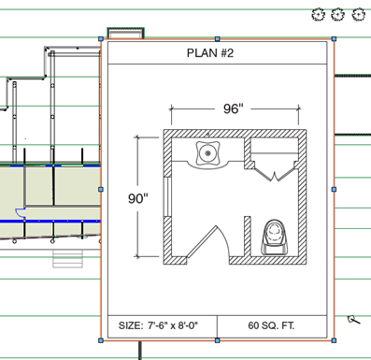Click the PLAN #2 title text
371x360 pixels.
pyautogui.click(x=210, y=53)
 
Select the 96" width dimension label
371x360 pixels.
pyautogui.click(x=233, y=108)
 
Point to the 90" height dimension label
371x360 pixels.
pyautogui.click(x=138, y=198)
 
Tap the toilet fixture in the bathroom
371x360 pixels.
pyautogui.click(x=274, y=237)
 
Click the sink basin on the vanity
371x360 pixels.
pyautogui.click(x=207, y=153)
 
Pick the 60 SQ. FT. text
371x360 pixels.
pyautogui.click(x=271, y=325)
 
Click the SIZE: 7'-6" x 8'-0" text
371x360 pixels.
pyautogui.click(x=158, y=325)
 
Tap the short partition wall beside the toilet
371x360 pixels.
pyautogui.click(x=248, y=237)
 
